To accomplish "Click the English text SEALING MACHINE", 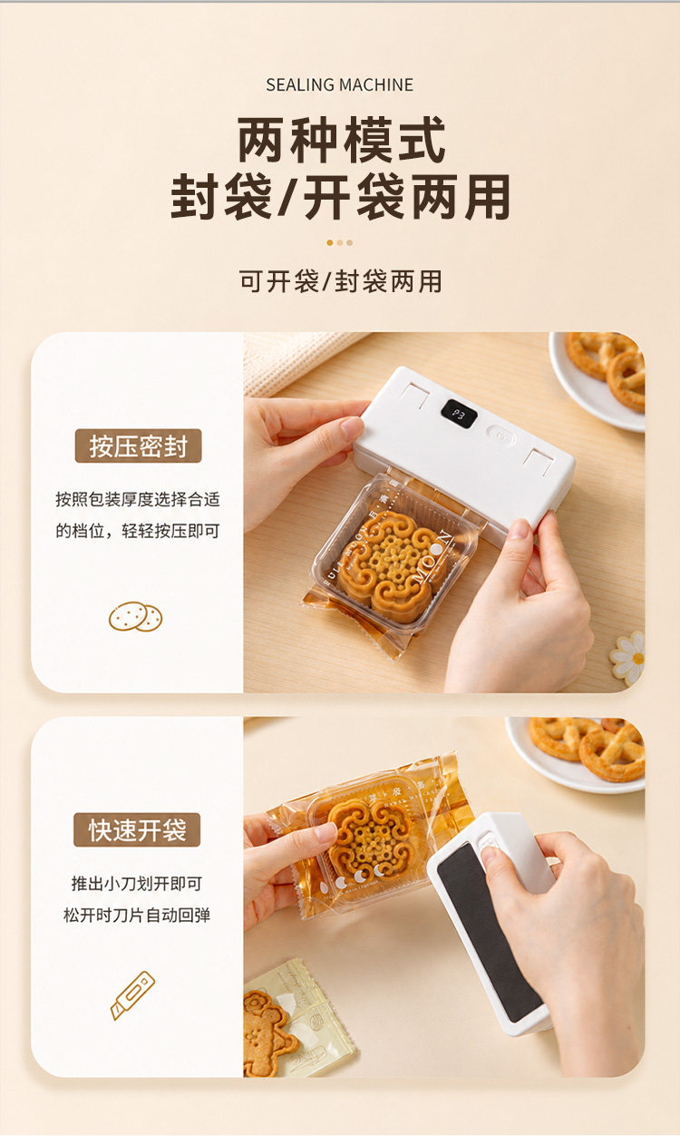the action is click(x=339, y=84).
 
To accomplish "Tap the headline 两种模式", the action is click(x=341, y=140).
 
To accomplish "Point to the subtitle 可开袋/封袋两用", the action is click(x=341, y=281).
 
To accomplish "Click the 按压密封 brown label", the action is click(x=139, y=446).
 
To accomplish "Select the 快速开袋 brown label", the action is click(x=137, y=829).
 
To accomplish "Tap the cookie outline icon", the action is click(x=135, y=617).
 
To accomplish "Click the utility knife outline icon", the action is click(x=132, y=995).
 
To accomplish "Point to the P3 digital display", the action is click(x=459, y=415).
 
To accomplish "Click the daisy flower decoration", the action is click(x=627, y=659).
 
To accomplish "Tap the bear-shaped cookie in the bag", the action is click(x=267, y=1033).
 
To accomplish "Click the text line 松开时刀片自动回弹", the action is click(x=136, y=915).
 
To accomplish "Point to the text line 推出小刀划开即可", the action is click(x=137, y=884).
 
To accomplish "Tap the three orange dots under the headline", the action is click(x=339, y=242).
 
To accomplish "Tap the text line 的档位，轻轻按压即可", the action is click(x=138, y=531).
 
